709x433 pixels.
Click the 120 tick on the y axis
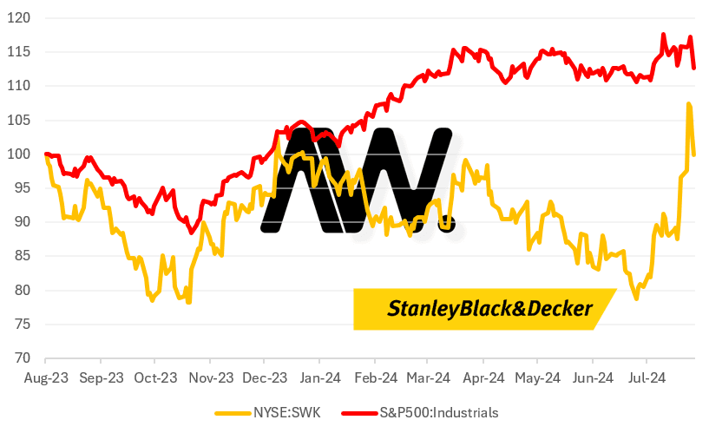(x=22, y=17)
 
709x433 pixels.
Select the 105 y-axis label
(x=22, y=120)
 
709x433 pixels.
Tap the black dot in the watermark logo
(x=446, y=225)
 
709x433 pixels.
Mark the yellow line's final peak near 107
(x=689, y=104)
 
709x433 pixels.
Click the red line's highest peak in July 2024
(x=664, y=35)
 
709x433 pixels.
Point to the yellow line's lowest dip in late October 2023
(x=188, y=302)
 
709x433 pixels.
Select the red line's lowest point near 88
(x=191, y=233)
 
